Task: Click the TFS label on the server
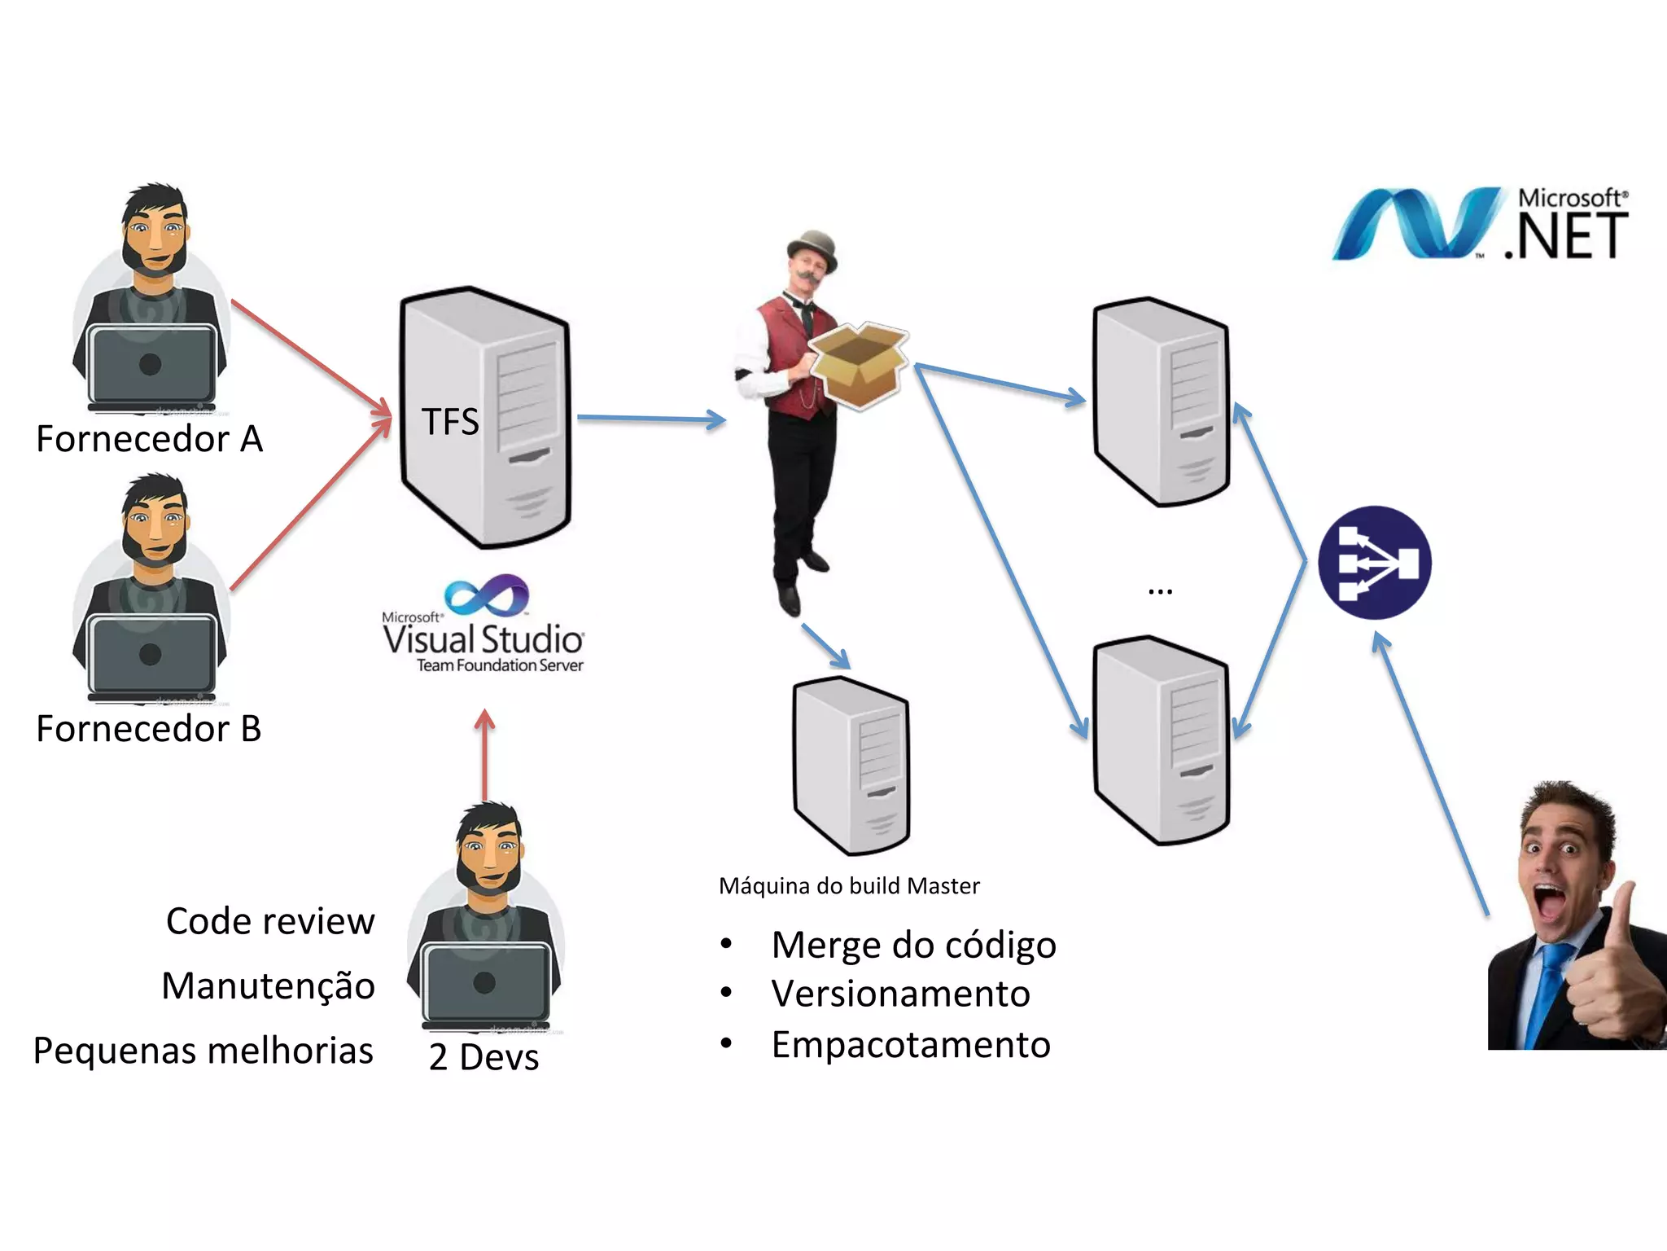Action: click(450, 422)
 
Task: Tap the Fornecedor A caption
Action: click(150, 439)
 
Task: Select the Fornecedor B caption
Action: click(149, 729)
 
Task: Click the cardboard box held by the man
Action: click(860, 363)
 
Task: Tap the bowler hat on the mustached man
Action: click(812, 246)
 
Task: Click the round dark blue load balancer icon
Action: click(1374, 563)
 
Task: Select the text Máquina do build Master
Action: click(849, 886)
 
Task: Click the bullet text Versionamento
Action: click(900, 994)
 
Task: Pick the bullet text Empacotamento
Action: click(911, 1045)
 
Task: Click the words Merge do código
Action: click(913, 946)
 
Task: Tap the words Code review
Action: click(270, 922)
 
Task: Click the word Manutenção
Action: click(269, 986)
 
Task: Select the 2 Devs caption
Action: click(483, 1057)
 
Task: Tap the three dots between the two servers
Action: click(1160, 591)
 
